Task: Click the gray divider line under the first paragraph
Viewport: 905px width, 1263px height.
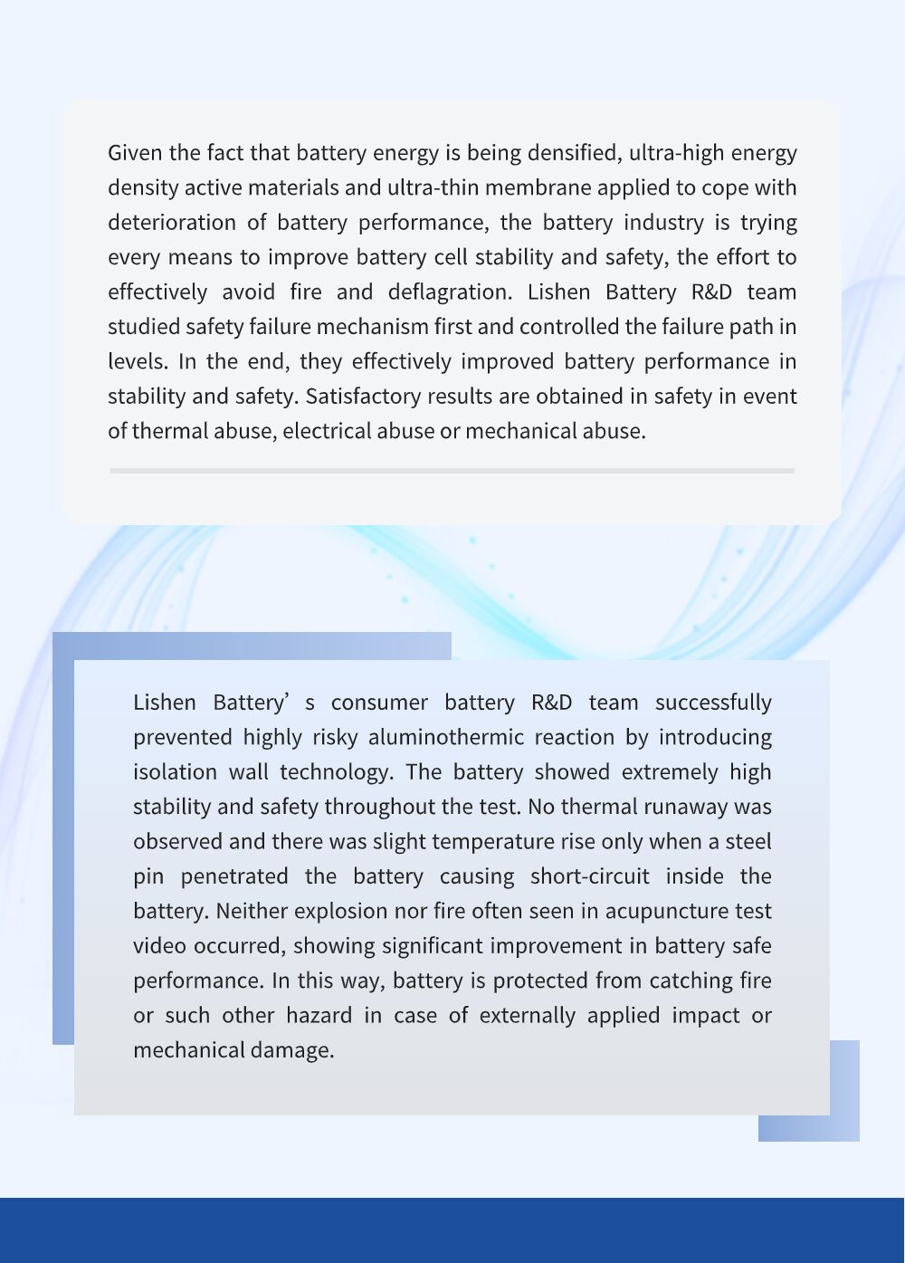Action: [x=452, y=471]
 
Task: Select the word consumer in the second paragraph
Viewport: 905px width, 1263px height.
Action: [x=379, y=703]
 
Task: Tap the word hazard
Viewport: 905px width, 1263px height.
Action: [x=319, y=1016]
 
